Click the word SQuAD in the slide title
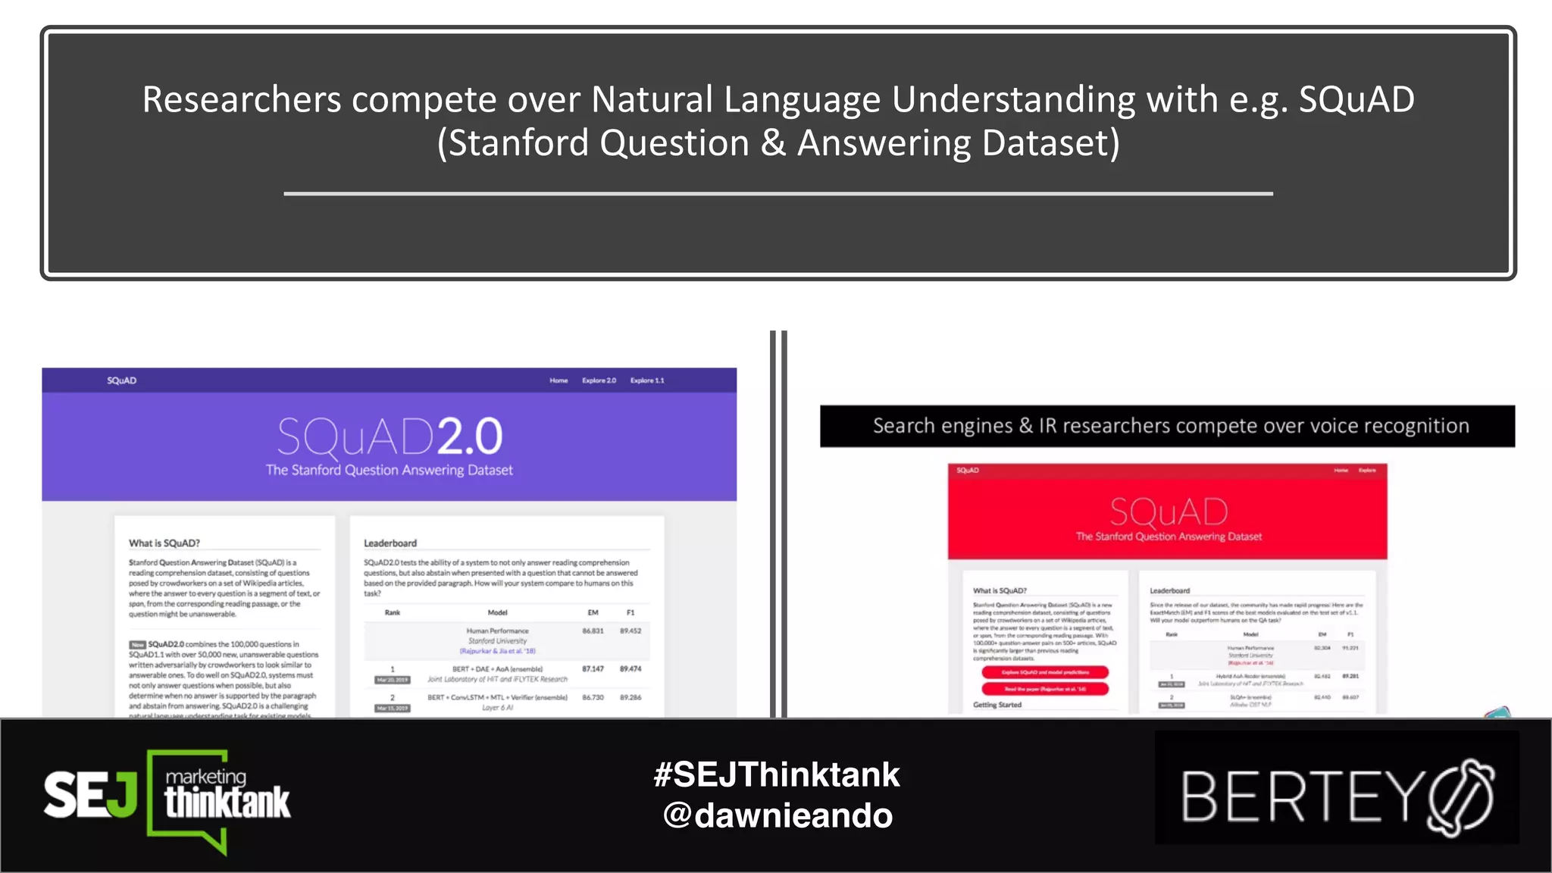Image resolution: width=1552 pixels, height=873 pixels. point(1356,100)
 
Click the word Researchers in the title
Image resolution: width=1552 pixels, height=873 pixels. point(242,100)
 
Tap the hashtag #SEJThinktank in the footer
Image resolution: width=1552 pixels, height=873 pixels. point(777,774)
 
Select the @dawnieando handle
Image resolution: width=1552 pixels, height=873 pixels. point(778,816)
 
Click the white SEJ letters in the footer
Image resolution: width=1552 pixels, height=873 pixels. point(89,795)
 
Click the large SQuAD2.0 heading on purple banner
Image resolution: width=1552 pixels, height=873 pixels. point(390,436)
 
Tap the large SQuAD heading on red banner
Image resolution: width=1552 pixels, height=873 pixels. point(1169,512)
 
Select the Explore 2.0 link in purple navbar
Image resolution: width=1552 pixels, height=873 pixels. point(599,380)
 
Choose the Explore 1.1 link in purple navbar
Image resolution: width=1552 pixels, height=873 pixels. point(646,380)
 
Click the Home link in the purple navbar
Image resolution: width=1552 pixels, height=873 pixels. point(559,380)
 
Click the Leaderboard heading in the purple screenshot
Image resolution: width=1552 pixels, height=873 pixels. point(390,543)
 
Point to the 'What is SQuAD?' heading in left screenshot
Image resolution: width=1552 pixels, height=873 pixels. point(164,543)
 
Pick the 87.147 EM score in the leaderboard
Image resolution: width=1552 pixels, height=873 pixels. point(593,669)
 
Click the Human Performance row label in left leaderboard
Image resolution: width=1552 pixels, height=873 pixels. point(497,630)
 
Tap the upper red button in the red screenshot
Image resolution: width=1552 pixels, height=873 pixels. point(1044,672)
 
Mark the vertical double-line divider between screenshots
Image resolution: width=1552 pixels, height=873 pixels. point(778,523)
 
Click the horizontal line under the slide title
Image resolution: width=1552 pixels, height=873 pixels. point(778,194)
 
